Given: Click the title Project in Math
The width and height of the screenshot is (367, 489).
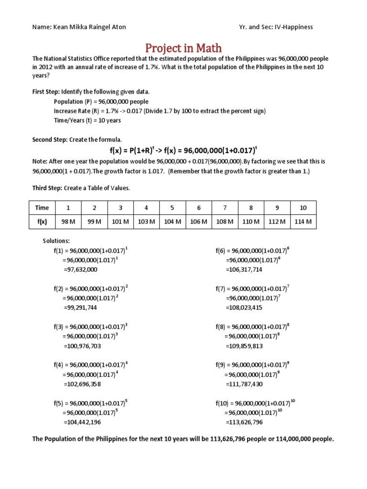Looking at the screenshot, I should coord(183,48).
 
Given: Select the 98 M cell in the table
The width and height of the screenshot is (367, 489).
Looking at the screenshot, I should coord(68,222).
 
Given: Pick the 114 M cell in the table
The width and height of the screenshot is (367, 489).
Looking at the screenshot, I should coord(303,222).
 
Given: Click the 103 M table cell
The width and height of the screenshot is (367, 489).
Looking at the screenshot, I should coord(146,222).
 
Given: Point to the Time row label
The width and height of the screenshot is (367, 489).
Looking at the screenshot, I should coord(42,208).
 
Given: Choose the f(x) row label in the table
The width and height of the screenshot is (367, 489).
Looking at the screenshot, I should coord(42,222).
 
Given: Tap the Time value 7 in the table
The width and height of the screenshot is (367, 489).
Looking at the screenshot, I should coord(225,208).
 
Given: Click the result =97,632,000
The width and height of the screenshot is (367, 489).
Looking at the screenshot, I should coord(80,270).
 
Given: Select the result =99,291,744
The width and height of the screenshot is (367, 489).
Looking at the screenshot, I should coord(80,308).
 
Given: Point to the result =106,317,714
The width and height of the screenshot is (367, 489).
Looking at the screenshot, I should coord(244,270).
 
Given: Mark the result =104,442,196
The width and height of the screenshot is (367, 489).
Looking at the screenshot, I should coord(82,422).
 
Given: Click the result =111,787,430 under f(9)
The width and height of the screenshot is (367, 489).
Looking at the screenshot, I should coord(244,384).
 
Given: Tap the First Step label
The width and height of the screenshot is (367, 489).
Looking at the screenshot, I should coord(46,91).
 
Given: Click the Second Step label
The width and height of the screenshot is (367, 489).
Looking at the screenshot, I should coord(50,139).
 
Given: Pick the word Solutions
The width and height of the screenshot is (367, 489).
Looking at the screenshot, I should coord(56,241).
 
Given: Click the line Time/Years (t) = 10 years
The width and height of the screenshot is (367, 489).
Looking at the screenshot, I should coord(87,120).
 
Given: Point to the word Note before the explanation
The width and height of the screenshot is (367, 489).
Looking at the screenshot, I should coord(39,161).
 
